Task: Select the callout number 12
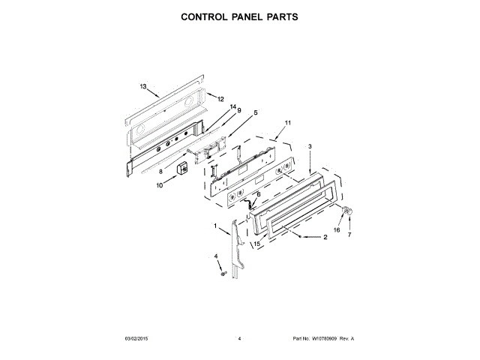[x=220, y=99]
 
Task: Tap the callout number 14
[x=233, y=107]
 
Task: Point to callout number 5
[x=255, y=112]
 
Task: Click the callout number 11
[x=287, y=122]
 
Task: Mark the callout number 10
[x=159, y=185]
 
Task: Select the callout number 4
[x=216, y=256]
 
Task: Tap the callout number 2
[x=325, y=238]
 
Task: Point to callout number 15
[x=256, y=243]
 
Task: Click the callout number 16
[x=337, y=230]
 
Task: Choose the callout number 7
[x=349, y=235]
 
